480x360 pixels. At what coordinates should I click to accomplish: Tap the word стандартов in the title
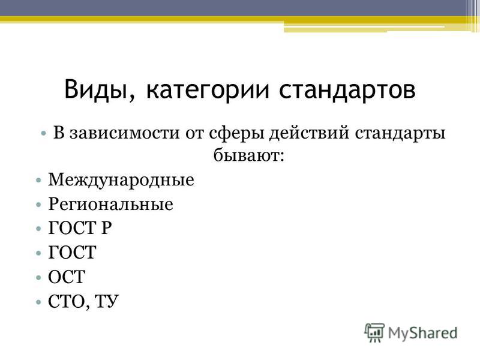[x=347, y=90]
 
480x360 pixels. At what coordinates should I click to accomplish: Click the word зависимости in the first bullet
[x=124, y=133]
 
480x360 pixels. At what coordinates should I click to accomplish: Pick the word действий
[x=309, y=133]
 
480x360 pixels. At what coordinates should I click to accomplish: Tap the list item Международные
[x=121, y=179]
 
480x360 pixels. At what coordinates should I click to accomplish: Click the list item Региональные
[x=110, y=204]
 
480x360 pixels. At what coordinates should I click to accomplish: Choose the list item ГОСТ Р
[x=80, y=228]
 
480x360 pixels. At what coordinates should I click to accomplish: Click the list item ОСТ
[x=67, y=277]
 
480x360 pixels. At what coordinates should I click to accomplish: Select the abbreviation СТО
[x=68, y=302]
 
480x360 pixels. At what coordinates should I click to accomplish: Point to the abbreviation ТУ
[x=107, y=302]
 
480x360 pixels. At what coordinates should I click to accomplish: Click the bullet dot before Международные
[x=38, y=180]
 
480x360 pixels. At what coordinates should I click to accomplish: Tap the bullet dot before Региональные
[x=38, y=205]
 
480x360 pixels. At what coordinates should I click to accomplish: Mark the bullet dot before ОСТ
[x=38, y=278]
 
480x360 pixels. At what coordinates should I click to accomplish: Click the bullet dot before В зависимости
[x=44, y=134]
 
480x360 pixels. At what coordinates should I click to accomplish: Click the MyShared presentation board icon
[x=374, y=332]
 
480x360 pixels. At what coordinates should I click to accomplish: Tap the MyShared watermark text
[x=423, y=333]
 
